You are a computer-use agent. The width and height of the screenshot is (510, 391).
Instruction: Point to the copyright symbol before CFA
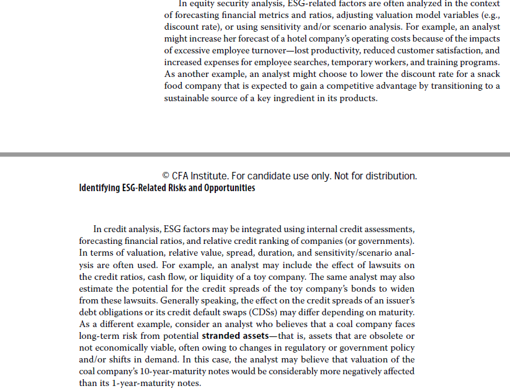(166, 176)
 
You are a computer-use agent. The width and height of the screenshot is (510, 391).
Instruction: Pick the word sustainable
(189, 97)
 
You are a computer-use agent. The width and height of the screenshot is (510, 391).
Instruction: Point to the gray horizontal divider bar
(255, 153)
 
